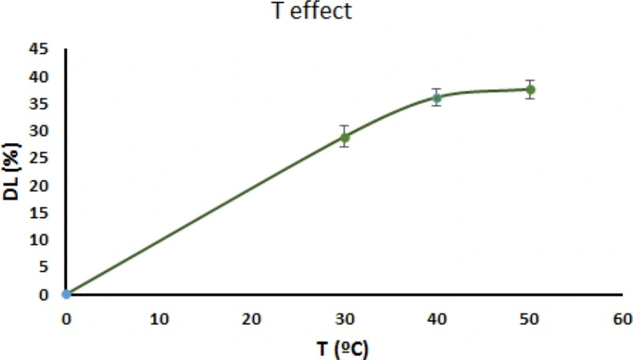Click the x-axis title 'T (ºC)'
[x=343, y=347]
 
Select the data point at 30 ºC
[x=344, y=137]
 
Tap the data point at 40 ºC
[x=437, y=97]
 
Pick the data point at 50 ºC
[x=530, y=90]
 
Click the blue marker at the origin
[x=66, y=294]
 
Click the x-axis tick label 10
[x=159, y=319]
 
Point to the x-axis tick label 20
[x=252, y=319]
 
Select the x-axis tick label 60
[x=622, y=319]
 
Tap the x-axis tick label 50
[x=530, y=319]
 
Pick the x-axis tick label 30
[x=344, y=319]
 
